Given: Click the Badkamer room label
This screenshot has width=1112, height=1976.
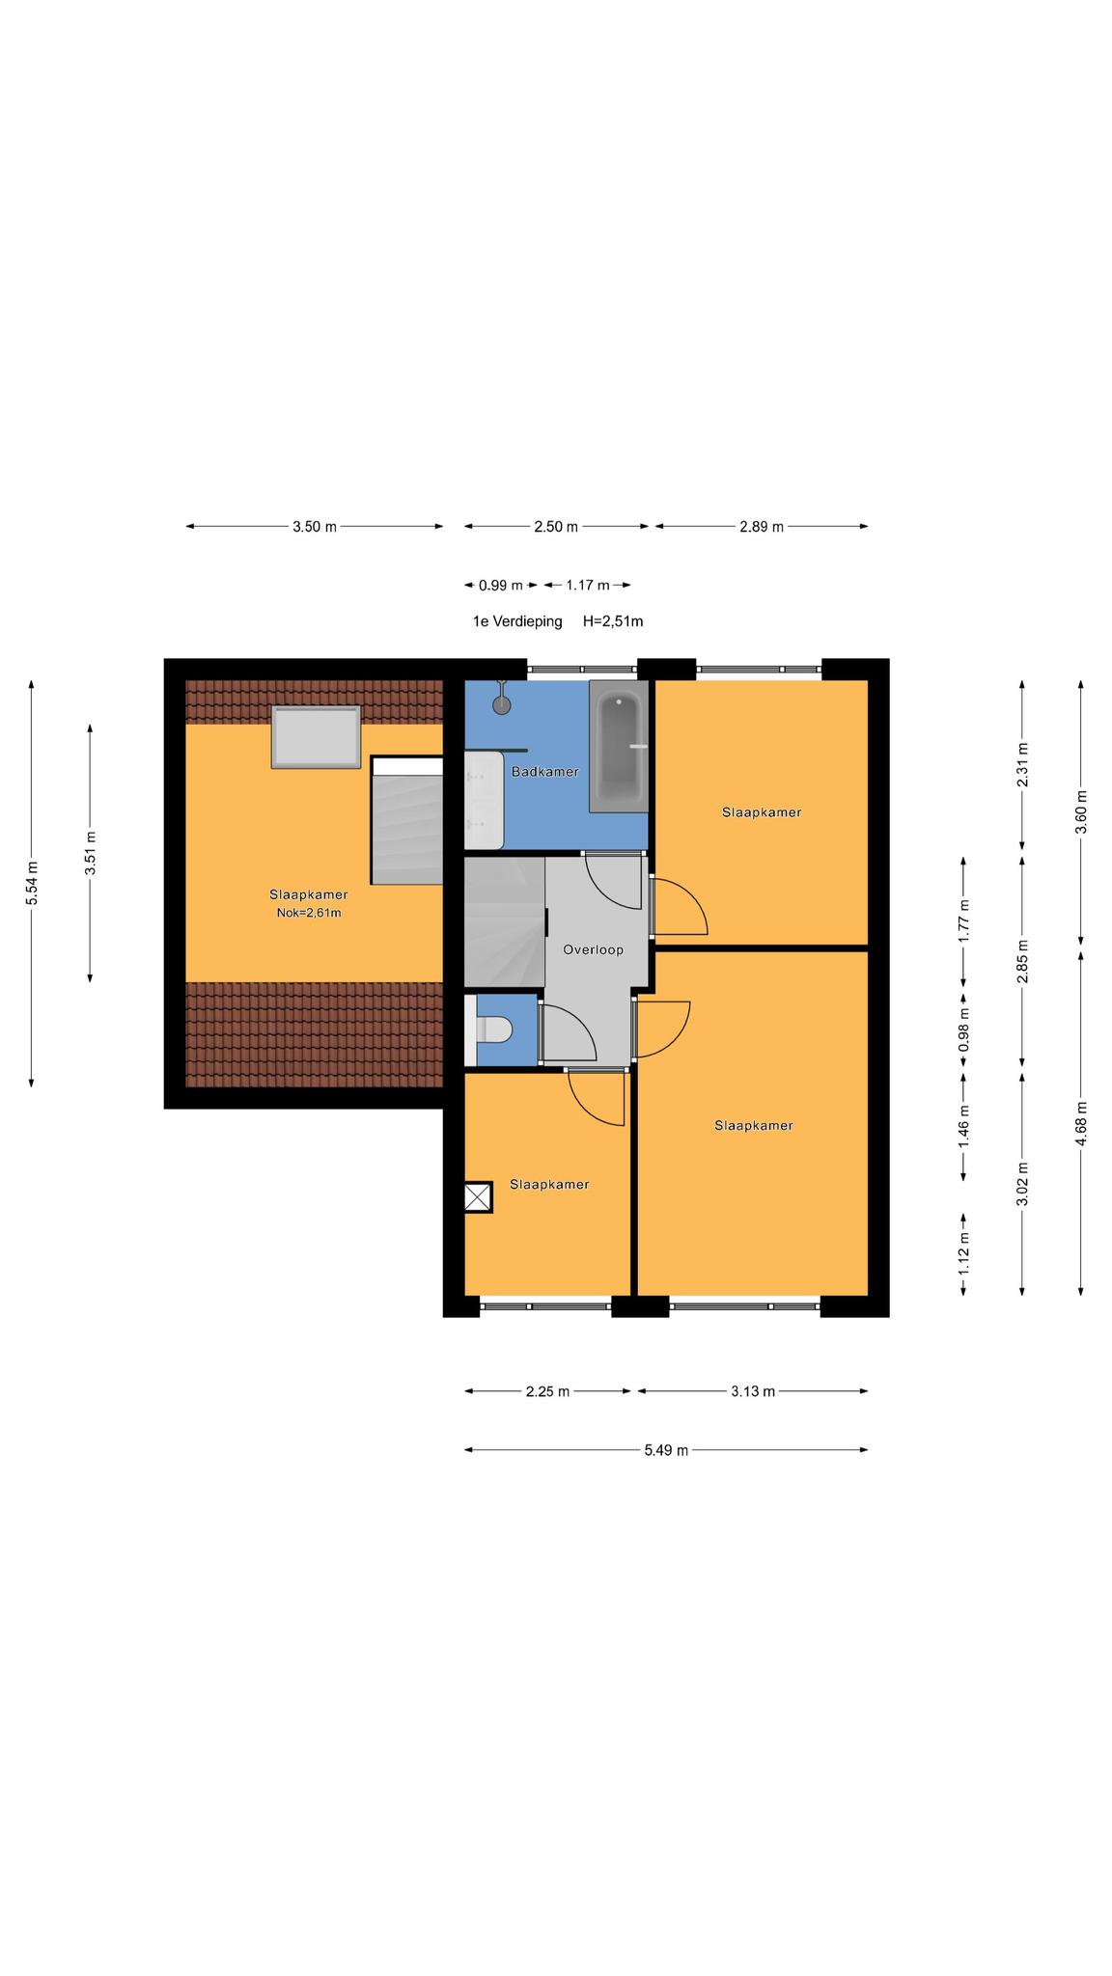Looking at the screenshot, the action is point(545,772).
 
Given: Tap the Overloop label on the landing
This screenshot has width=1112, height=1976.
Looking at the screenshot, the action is point(593,950).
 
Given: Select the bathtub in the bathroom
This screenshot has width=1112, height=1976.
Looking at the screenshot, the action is point(618,746).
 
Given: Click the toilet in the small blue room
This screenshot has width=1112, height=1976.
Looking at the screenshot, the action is point(494,1030).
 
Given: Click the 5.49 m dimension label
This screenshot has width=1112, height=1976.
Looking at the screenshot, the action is point(666,1450).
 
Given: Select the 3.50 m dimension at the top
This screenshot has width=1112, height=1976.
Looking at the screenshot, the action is point(315,527).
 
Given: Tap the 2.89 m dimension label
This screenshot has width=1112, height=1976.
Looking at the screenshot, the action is point(762,527).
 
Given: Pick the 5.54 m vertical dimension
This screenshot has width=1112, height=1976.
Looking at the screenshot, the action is point(32,883).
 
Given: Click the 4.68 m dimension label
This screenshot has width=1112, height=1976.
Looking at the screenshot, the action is point(1081,1124).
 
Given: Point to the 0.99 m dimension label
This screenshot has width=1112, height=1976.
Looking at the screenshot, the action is point(500,586).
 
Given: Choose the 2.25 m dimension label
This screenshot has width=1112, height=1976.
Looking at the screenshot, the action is point(547,1391).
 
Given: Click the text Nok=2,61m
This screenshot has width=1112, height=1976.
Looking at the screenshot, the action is point(309,912).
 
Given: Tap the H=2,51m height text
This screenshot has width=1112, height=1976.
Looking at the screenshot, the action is point(613,622).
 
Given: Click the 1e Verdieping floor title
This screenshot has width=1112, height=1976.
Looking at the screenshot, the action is point(517,622).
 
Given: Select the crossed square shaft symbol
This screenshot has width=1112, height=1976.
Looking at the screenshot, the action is point(478,1197).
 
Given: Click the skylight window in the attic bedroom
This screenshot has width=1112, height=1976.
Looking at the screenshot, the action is point(316,737).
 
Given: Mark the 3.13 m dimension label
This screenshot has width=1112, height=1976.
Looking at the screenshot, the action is point(753,1391).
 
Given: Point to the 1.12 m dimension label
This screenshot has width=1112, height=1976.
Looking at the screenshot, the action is point(963,1253).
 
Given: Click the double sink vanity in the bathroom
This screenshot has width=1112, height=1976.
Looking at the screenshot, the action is point(484,800).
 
